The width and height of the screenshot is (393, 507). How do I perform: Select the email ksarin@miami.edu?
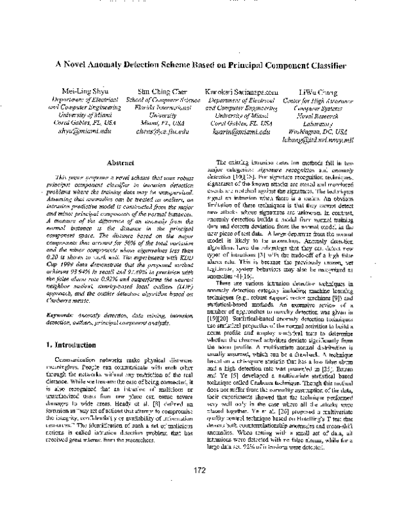point(242,131)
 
